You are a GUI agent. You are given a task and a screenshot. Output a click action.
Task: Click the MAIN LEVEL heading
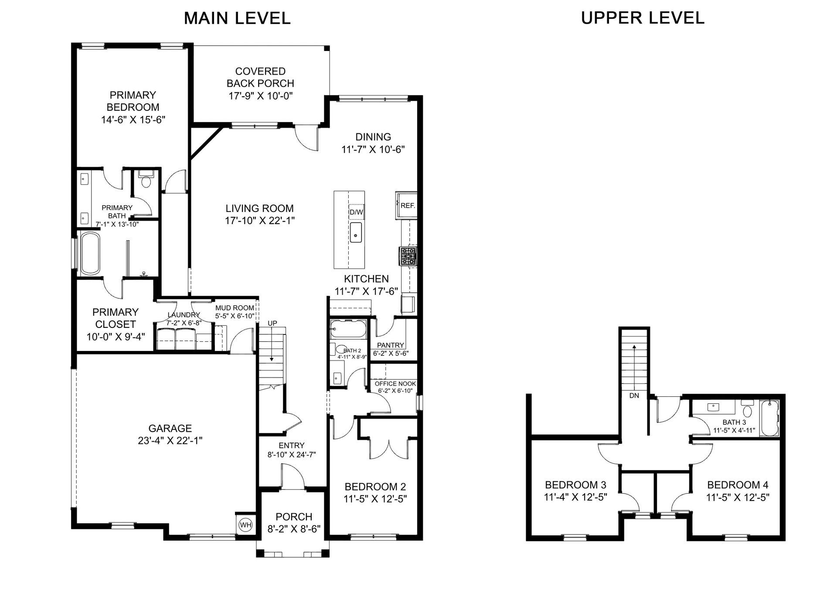pyautogui.click(x=237, y=18)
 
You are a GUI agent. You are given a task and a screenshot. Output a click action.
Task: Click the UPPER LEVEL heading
pyautogui.click(x=643, y=18)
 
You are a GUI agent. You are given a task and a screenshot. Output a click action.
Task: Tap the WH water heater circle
pyautogui.click(x=246, y=525)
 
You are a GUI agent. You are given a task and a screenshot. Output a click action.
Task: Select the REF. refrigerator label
pyautogui.click(x=408, y=206)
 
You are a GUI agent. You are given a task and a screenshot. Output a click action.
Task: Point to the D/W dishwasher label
pyautogui.click(x=356, y=212)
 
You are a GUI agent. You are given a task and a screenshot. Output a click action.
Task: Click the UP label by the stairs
pyautogui.click(x=272, y=323)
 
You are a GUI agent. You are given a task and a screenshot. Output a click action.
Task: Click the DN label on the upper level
pyautogui.click(x=634, y=395)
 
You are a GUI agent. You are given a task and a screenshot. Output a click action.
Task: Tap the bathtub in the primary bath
pyautogui.click(x=90, y=253)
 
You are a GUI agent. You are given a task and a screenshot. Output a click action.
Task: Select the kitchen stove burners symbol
pyautogui.click(x=408, y=256)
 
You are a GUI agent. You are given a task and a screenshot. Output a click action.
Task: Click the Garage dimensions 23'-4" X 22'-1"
pyautogui.click(x=170, y=441)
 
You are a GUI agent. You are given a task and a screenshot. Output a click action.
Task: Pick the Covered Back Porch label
pyautogui.click(x=260, y=77)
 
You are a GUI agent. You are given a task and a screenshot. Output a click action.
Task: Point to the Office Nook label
pyautogui.click(x=395, y=384)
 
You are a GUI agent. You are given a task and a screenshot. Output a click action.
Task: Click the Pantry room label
pyautogui.click(x=391, y=345)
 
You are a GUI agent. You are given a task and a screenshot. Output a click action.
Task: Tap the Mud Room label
pyautogui.click(x=235, y=308)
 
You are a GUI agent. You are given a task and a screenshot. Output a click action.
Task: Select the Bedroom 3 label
pyautogui.click(x=575, y=485)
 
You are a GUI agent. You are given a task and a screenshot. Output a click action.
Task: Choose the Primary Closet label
pyautogui.click(x=116, y=318)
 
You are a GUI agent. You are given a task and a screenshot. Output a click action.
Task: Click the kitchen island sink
pyautogui.click(x=356, y=232)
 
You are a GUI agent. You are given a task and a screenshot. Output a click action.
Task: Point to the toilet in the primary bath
pyautogui.click(x=145, y=179)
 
